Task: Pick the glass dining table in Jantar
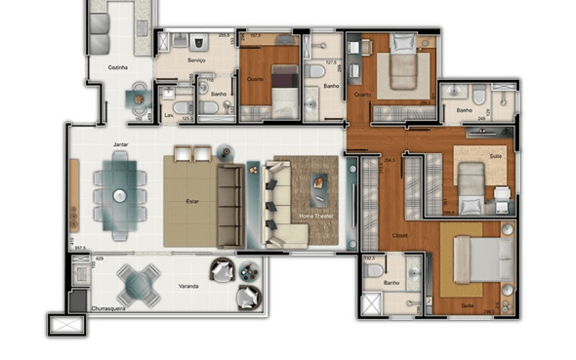[x=118, y=196]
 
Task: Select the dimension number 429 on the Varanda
[x=100, y=259]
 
